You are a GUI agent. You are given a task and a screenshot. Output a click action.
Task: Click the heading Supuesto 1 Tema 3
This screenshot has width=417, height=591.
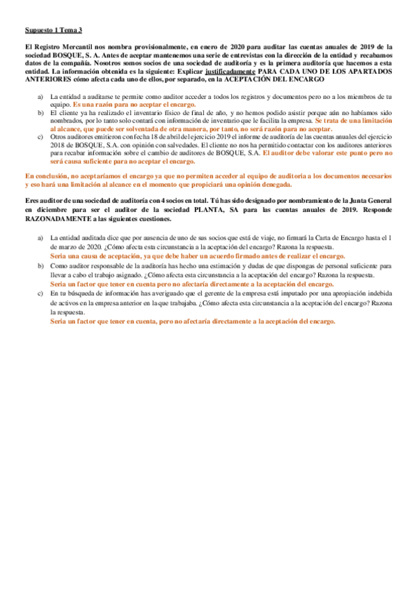click(53, 30)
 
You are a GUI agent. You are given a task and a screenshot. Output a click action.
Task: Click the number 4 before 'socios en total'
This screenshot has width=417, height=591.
click(166, 200)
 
